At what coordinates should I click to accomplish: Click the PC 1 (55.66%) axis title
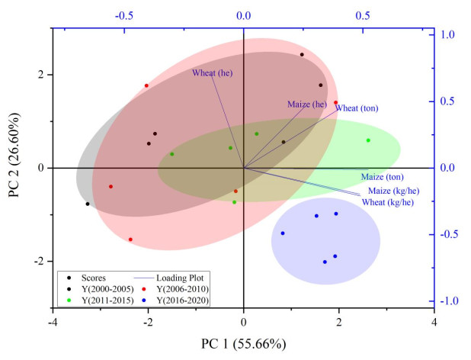pyautogui.click(x=243, y=343)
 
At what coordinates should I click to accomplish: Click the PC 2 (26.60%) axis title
pyautogui.click(x=14, y=168)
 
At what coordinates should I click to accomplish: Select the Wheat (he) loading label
pyautogui.click(x=212, y=73)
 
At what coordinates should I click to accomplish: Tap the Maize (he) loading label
pyautogui.click(x=307, y=104)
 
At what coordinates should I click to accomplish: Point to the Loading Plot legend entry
pyautogui.click(x=181, y=278)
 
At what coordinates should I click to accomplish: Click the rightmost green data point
pyautogui.click(x=368, y=140)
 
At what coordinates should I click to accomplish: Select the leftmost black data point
pyautogui.click(x=88, y=204)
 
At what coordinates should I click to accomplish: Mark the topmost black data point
pyautogui.click(x=302, y=55)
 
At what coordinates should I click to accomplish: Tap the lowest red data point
pyautogui.click(x=130, y=239)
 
